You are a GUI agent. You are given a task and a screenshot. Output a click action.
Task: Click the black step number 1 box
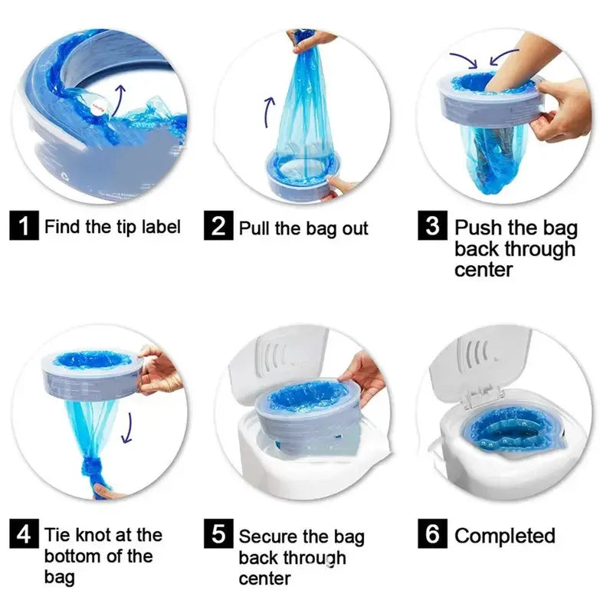point(24,225)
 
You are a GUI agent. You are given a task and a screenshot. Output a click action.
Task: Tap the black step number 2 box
point(218,225)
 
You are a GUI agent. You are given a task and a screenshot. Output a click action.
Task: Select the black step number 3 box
point(432,225)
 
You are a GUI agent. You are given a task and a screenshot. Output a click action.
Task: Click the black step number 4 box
point(24,533)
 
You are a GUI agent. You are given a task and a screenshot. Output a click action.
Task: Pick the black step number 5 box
point(218,533)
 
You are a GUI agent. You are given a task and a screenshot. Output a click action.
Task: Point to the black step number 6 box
point(432,533)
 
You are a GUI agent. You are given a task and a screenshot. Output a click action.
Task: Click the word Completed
point(505,535)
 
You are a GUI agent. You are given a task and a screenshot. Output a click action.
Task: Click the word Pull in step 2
point(254,228)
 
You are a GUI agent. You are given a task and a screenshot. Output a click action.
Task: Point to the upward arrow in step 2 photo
point(269,112)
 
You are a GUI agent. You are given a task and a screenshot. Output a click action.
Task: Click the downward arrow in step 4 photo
point(127,428)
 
